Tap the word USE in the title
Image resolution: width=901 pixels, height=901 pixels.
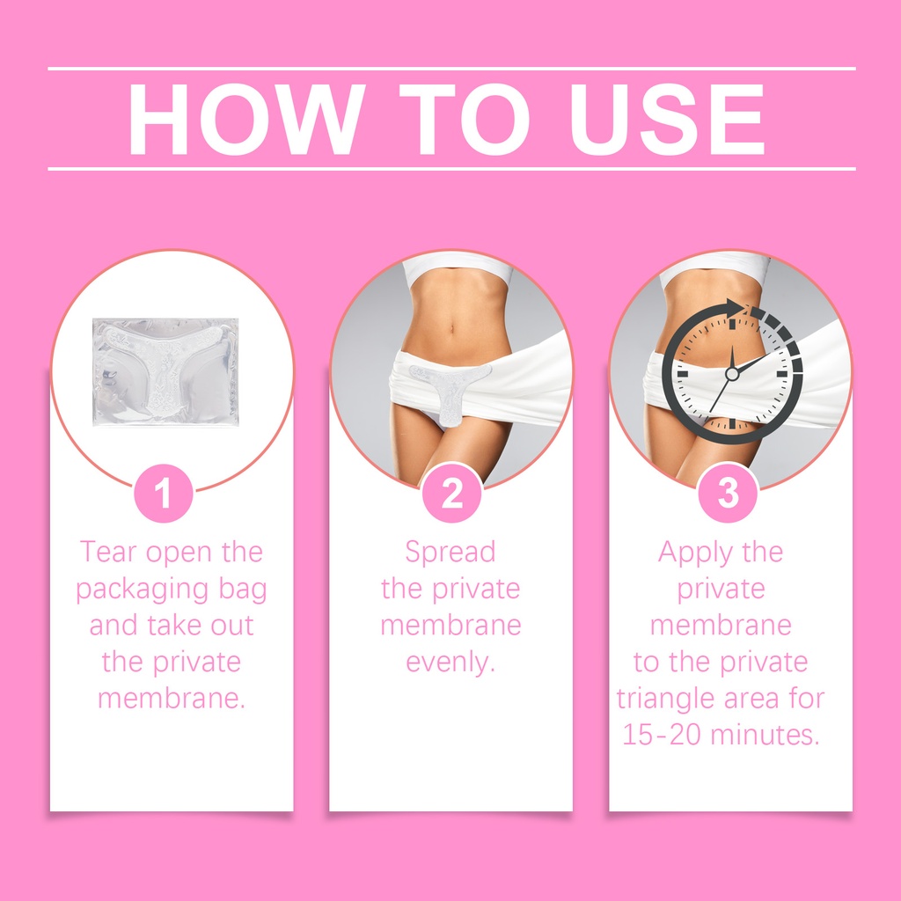tap(667, 119)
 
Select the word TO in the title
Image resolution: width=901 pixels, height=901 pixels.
tap(465, 119)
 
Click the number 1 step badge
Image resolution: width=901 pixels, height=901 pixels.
tap(163, 493)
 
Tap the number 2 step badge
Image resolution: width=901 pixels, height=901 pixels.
tap(451, 493)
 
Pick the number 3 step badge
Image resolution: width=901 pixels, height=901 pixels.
tap(728, 493)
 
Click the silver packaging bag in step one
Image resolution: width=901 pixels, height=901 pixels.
tap(165, 372)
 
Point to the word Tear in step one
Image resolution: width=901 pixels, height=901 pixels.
tap(108, 552)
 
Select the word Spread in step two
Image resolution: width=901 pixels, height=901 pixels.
tap(450, 553)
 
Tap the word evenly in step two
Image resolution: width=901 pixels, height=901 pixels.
tap(450, 663)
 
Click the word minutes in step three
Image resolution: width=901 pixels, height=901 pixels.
tap(765, 735)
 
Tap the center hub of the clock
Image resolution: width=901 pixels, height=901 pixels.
tap(731, 374)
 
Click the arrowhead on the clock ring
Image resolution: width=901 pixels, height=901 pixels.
tap(735, 309)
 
